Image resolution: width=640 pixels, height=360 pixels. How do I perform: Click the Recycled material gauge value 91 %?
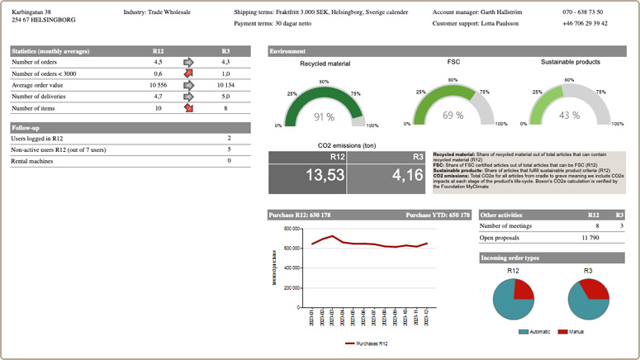[x=324, y=117]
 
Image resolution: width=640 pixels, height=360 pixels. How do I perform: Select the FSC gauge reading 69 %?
[x=453, y=116]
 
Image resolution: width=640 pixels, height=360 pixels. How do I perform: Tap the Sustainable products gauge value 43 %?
[x=570, y=116]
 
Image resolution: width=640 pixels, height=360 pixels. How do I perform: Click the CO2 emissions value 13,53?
[x=307, y=176]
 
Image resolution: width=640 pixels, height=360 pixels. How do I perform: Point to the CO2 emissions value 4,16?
[x=385, y=176]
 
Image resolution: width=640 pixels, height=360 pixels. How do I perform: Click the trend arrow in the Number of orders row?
[x=188, y=62]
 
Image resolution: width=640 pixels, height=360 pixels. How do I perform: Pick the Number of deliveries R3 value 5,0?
[x=225, y=97]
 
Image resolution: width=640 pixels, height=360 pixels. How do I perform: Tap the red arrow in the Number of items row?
[x=188, y=108]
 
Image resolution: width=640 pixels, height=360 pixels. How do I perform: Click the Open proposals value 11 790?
[x=590, y=237]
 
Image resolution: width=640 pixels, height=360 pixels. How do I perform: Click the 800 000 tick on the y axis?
[x=290, y=229]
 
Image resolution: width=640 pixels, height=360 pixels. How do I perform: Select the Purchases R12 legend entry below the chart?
[x=368, y=343]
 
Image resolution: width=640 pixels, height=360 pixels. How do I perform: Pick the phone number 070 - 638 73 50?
[x=583, y=12]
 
